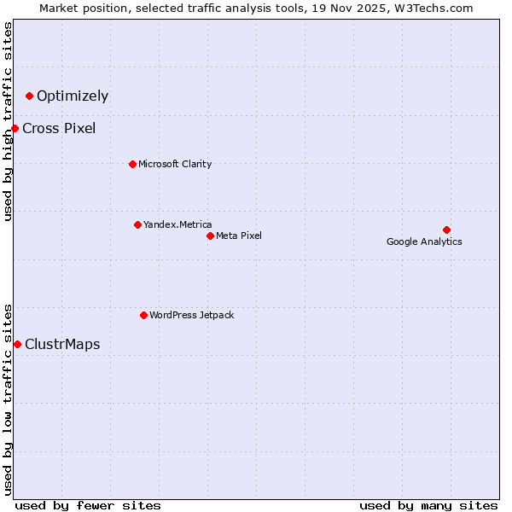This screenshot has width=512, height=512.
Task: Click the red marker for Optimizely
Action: point(30,96)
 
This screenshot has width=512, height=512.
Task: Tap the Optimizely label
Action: point(73,96)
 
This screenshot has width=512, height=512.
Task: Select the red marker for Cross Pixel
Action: point(15,128)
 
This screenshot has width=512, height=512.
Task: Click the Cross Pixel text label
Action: point(59,129)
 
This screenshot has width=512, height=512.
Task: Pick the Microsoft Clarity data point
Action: point(132,164)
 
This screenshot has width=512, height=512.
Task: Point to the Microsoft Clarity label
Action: point(175,164)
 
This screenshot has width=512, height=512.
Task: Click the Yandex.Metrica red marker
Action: point(137,224)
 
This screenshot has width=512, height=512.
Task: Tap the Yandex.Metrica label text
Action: point(177,224)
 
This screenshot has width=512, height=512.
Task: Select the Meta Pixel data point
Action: point(210,236)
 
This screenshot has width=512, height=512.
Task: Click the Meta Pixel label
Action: point(239,236)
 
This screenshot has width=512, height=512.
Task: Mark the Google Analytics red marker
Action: point(446,230)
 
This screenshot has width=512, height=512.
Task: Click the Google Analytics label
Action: point(424,241)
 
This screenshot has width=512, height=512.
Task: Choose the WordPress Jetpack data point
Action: point(143,315)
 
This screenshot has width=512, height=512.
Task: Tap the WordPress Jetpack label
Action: point(192,315)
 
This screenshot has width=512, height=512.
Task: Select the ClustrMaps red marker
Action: point(17,344)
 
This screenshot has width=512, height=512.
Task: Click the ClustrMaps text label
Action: point(62,345)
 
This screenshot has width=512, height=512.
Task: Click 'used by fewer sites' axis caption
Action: point(88,505)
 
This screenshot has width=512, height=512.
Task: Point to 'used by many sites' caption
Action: point(428,505)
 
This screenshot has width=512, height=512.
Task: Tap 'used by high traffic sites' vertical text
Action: point(8,121)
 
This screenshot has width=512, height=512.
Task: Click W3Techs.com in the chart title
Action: point(432,8)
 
